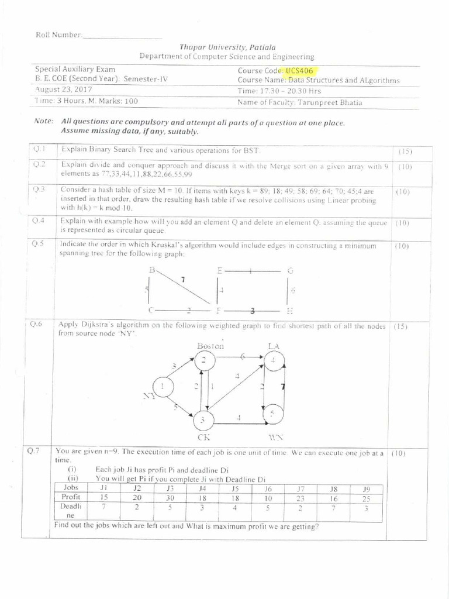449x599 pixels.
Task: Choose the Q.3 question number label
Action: (39, 189)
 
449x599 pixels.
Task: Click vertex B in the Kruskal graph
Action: (153, 270)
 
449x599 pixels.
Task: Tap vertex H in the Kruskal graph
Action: (289, 310)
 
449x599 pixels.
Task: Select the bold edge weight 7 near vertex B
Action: (182, 280)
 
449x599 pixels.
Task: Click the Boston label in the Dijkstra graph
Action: (210, 346)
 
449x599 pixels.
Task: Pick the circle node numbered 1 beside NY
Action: (163, 386)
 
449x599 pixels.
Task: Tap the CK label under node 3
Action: (203, 436)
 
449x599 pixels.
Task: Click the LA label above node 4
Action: (273, 346)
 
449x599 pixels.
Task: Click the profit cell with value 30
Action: (170, 498)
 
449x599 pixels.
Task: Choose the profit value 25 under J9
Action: (367, 498)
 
